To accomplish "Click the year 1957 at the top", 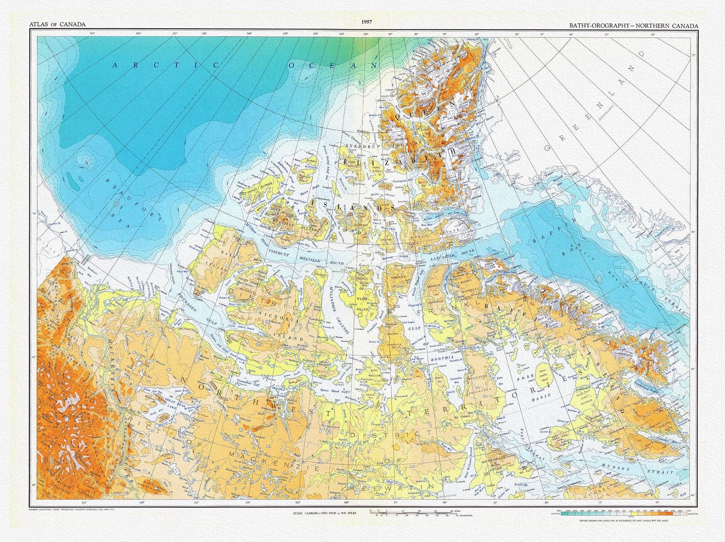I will [367, 22].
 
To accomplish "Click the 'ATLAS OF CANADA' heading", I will [57, 25].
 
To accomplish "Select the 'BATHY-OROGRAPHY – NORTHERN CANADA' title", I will [631, 25].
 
